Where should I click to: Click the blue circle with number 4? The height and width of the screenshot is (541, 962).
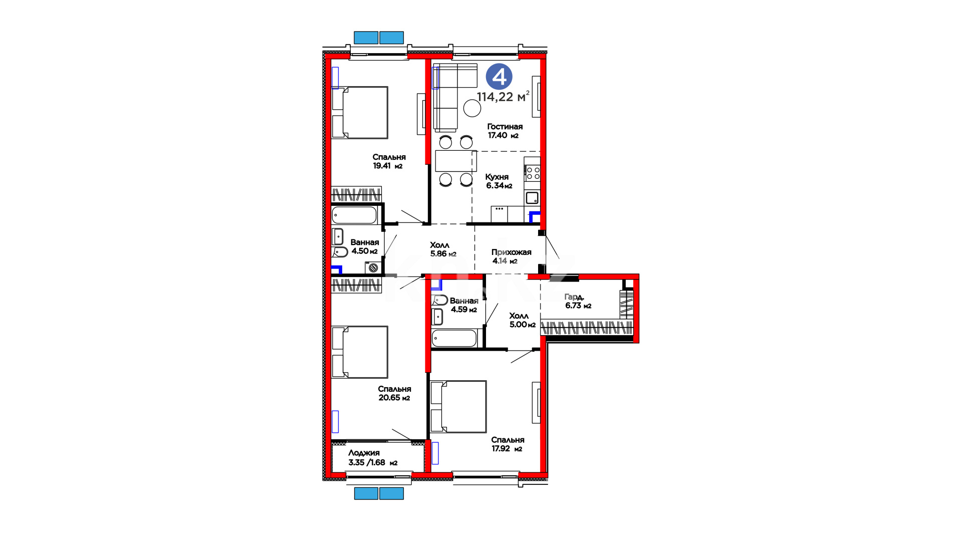click(x=499, y=77)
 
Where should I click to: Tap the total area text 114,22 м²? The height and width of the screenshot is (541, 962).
click(x=503, y=96)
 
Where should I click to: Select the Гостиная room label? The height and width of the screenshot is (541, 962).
click(x=505, y=127)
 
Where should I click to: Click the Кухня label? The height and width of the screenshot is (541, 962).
click(x=497, y=177)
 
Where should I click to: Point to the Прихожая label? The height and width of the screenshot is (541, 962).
click(x=511, y=252)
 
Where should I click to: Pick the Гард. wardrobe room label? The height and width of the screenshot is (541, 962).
click(x=574, y=297)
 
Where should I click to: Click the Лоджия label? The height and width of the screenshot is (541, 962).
click(x=364, y=453)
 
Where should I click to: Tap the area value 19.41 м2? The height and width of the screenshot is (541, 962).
click(x=388, y=166)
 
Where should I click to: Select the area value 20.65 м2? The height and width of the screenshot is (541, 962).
click(x=394, y=398)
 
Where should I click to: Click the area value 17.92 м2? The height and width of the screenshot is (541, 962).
click(x=507, y=449)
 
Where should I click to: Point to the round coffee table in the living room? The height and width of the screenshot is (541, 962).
click(x=472, y=108)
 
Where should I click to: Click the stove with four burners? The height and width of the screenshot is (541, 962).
click(x=533, y=173)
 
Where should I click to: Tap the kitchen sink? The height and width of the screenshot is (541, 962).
click(x=532, y=198)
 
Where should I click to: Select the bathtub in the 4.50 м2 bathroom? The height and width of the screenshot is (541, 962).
click(x=354, y=215)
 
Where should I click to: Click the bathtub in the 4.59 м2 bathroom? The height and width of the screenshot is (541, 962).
click(x=454, y=338)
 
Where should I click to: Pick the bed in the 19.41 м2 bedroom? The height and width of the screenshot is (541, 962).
click(x=360, y=113)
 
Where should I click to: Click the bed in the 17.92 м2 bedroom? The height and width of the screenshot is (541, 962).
click(x=458, y=406)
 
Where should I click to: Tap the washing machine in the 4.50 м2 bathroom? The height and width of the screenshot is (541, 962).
click(x=373, y=267)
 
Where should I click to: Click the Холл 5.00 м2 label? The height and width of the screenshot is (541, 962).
click(x=522, y=320)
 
